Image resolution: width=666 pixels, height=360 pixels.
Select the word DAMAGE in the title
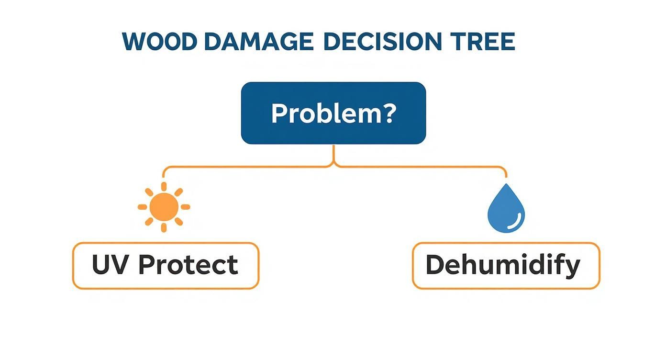pyautogui.click(x=259, y=42)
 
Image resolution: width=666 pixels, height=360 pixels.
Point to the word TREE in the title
pyautogui.click(x=483, y=42)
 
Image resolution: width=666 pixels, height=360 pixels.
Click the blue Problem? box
pyautogui.click(x=333, y=113)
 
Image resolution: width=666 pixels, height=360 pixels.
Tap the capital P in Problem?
pyautogui.click(x=279, y=113)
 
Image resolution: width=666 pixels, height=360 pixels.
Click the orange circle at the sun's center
pyautogui.click(x=164, y=207)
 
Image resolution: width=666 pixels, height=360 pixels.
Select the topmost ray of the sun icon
pyautogui.click(x=164, y=186)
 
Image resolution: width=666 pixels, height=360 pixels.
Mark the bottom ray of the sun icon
pyautogui.click(x=164, y=227)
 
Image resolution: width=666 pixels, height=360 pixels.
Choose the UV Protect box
pyautogui.click(x=166, y=266)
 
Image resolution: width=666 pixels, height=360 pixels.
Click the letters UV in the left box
pyautogui.click(x=111, y=265)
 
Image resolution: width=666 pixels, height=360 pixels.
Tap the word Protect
pyautogui.click(x=188, y=265)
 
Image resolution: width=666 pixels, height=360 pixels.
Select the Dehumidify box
pyautogui.click(x=506, y=266)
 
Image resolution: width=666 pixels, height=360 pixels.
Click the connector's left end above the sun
pyautogui.click(x=164, y=175)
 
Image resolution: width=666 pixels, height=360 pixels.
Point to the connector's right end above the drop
pyautogui.click(x=506, y=175)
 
